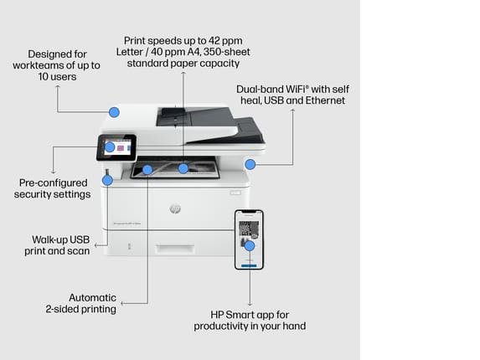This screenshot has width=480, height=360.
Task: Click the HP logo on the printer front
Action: tap(175, 208)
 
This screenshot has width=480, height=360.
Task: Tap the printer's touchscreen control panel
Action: tap(116, 147)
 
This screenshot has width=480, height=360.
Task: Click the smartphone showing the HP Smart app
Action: tap(249, 239)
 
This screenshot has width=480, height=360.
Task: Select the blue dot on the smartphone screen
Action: tap(250, 245)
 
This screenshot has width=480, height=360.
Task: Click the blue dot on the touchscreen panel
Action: tap(110, 147)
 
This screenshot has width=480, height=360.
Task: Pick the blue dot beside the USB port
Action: tap(107, 181)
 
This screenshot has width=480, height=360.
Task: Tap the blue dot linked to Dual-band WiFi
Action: tap(250, 164)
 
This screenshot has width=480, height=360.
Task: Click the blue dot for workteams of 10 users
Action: tap(114, 112)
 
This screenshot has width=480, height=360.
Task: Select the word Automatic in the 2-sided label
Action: tap(92, 297)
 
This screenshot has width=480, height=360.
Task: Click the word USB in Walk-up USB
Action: tap(80, 239)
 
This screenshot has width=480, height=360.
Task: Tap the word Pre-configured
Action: tap(54, 183)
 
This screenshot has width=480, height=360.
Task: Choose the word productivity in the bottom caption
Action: tap(220, 326)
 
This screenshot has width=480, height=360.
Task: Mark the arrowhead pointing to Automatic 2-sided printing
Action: tap(122, 303)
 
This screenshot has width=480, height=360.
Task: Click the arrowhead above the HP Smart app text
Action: tap(250, 305)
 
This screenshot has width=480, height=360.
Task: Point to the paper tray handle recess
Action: tap(174, 249)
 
